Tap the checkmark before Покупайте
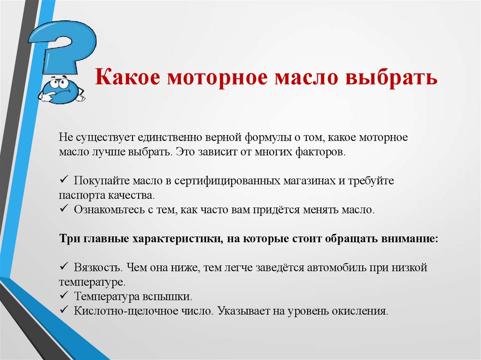pyautogui.click(x=64, y=181)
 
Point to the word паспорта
pyautogui.click(x=77, y=195)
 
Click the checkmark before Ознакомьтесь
pyautogui.click(x=64, y=209)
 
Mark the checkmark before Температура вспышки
pyautogui.click(x=64, y=296)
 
